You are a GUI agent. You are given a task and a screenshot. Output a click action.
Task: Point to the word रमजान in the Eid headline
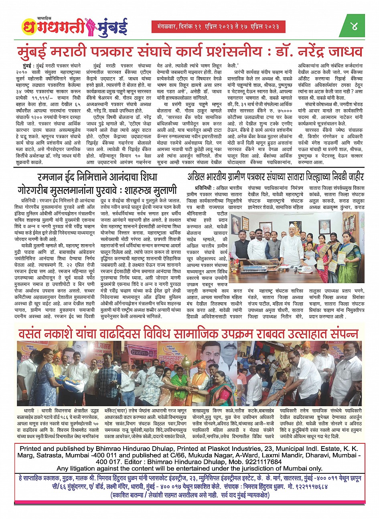53,177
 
